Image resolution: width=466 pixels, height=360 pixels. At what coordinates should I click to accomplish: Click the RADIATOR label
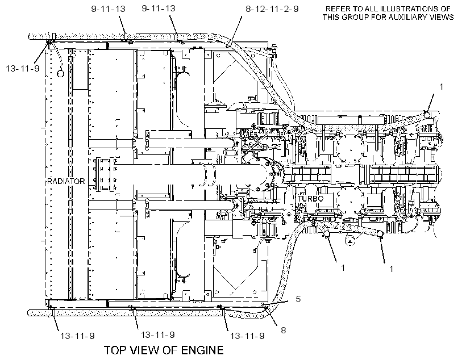coord(66,181)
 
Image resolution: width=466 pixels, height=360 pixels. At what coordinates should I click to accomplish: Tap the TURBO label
coord(310,199)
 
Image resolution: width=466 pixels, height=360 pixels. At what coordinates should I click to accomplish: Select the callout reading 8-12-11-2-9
coord(272,9)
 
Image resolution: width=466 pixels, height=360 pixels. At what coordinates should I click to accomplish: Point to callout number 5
coord(298,299)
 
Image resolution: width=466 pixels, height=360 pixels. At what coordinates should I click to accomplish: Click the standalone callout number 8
coord(283,330)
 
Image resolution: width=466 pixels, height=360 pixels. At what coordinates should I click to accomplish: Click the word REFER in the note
coord(338,9)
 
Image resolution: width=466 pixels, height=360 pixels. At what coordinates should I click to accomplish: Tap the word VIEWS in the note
coord(441,17)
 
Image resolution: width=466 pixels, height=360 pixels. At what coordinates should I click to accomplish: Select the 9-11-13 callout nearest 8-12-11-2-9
coord(159,9)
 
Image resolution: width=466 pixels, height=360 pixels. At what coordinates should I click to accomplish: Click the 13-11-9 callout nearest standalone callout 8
coord(247,336)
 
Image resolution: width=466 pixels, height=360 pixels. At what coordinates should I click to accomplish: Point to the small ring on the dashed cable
coord(61,73)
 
